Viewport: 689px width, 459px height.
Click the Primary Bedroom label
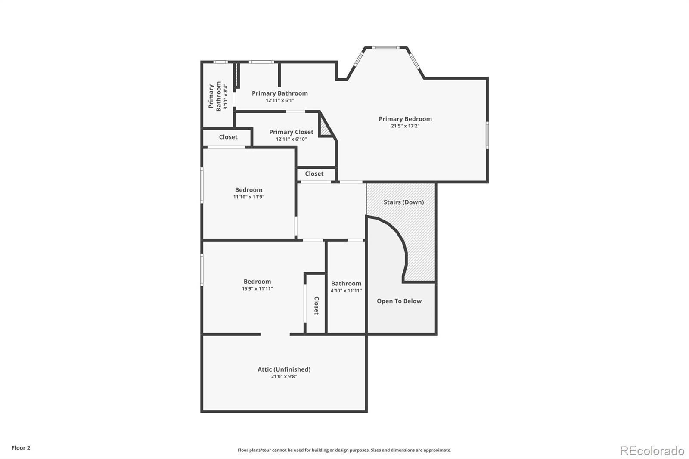click(405, 119)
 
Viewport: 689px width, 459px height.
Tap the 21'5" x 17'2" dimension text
click(405, 126)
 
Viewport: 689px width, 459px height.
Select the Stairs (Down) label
click(403, 202)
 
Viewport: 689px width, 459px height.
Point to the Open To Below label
click(399, 301)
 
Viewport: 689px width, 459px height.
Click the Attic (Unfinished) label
click(284, 369)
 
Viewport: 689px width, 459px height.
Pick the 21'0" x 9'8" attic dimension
click(284, 376)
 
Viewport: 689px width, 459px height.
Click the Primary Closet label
click(291, 132)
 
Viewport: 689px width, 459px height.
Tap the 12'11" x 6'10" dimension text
click(291, 139)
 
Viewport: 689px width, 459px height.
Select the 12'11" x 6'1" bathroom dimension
click(280, 100)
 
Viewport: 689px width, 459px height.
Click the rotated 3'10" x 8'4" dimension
click(226, 96)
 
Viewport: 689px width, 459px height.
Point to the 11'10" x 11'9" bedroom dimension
click(248, 197)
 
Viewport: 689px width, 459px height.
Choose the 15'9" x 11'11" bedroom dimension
click(257, 288)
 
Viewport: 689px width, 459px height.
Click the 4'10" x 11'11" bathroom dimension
click(346, 291)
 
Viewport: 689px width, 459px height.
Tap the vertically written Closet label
click(316, 305)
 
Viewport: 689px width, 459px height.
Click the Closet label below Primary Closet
click(314, 174)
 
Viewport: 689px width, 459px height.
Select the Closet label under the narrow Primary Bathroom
click(228, 137)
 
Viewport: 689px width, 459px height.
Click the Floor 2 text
click(21, 448)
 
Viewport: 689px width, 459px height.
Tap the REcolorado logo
click(652, 451)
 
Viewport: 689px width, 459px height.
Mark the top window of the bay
click(386, 47)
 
